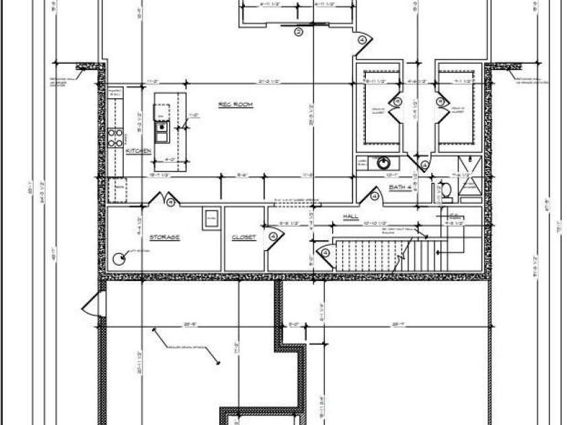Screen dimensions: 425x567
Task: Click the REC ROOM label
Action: coord(235,104)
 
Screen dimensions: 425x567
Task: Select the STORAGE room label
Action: coord(164,237)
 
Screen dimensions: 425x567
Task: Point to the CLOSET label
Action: coord(243,237)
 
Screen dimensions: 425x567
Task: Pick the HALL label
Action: coord(350,217)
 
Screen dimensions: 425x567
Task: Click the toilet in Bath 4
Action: coord(445,190)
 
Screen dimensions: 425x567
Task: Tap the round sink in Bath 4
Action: coord(383,162)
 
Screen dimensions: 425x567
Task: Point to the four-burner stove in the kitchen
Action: coord(116,137)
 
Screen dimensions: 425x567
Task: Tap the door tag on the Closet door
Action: coord(274,235)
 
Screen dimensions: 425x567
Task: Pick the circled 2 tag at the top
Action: coord(299,31)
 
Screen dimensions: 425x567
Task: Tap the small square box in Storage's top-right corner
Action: coord(211,218)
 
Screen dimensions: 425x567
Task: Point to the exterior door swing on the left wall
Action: coord(91,307)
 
